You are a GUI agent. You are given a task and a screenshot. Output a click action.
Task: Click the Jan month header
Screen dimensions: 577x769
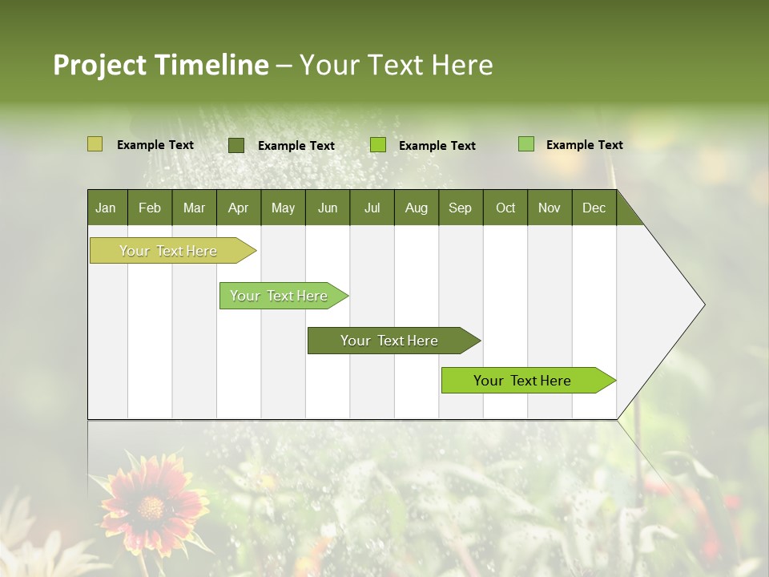coord(106,208)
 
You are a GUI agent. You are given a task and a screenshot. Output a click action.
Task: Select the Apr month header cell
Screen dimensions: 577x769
coord(238,208)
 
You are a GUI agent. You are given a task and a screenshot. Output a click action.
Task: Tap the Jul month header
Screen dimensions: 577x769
coord(372,208)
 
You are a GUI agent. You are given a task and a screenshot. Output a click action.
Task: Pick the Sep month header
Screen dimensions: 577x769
coord(460,208)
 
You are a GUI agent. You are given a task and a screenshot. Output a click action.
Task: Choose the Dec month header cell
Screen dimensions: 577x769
coord(594,208)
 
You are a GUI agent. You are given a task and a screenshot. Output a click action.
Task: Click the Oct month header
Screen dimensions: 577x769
coord(505,208)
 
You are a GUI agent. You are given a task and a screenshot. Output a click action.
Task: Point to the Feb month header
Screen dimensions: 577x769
coord(150,208)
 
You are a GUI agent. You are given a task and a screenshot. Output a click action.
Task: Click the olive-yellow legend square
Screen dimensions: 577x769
coord(95,144)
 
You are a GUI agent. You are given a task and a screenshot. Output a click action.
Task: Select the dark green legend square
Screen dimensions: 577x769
coord(236,145)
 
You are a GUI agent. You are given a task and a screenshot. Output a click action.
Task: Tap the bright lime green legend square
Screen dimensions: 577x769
coord(378,145)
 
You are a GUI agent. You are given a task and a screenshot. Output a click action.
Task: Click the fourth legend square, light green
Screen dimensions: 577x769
coord(526,144)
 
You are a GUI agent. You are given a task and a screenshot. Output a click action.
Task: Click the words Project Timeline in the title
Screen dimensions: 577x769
coord(161,65)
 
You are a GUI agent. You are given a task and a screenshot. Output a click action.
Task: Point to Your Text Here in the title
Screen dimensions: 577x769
coord(396,65)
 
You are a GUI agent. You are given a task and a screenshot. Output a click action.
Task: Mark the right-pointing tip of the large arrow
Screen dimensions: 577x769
coord(703,305)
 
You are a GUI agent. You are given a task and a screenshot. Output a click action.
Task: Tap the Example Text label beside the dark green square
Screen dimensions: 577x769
coord(296,146)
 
